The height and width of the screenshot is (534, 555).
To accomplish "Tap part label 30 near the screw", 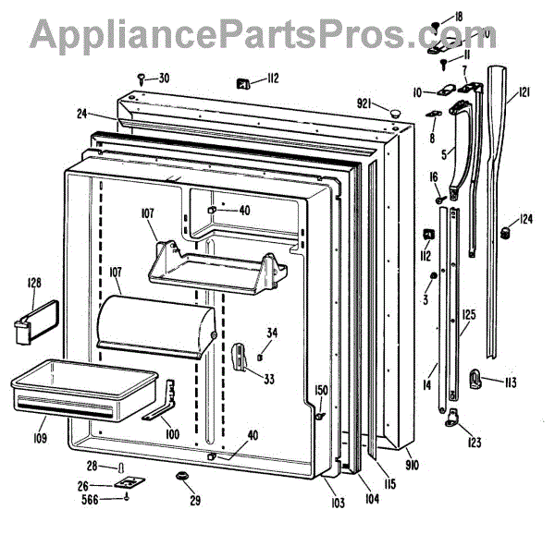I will point(164,78).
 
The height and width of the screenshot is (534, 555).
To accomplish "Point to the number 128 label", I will point(34,283).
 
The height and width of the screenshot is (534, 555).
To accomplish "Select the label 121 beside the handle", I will point(524,91).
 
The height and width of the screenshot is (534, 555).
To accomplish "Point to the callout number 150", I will point(321,390).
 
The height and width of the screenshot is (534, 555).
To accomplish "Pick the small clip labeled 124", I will point(505,231).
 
